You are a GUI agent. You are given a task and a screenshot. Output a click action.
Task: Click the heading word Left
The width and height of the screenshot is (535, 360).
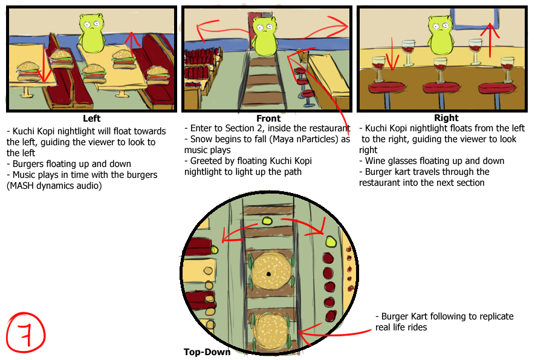(x=92, y=119)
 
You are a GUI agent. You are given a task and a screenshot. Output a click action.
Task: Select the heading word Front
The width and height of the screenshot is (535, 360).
(x=268, y=119)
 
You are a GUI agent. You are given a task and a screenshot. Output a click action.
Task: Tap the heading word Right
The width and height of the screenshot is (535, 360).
(x=446, y=118)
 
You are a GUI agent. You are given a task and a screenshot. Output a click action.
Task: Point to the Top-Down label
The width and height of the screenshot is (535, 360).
(x=207, y=352)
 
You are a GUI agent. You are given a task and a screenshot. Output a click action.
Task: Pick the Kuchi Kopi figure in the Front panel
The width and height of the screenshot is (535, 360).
(x=264, y=36)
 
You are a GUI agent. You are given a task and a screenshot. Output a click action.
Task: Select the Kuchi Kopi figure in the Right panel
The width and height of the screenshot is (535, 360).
(x=440, y=36)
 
